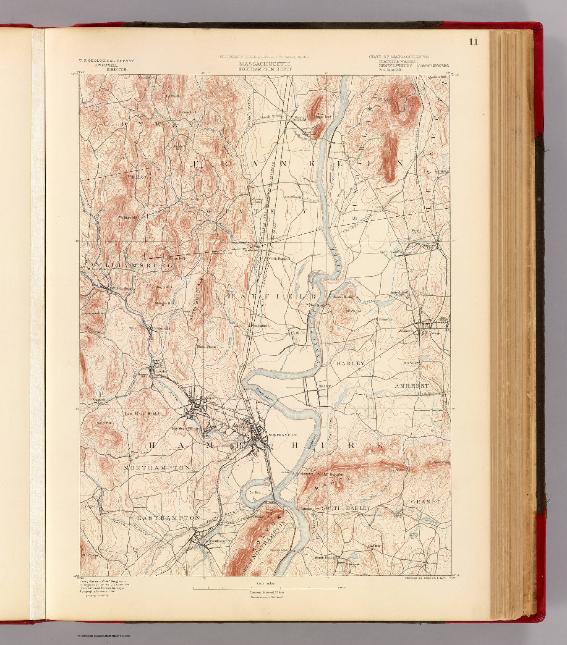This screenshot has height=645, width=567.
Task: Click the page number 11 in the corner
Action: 473,42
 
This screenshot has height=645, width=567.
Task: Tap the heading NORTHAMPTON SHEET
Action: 265,69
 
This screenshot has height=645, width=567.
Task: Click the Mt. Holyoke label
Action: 333,474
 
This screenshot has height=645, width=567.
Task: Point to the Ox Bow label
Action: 255,493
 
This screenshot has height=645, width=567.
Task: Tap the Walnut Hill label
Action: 128,218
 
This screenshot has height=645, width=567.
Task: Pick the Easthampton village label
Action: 221,541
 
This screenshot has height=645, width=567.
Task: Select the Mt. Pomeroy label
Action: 92,555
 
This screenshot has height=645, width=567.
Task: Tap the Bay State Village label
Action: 185,429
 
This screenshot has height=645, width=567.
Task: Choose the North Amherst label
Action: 391,252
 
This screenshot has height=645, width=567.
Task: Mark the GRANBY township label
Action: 426,501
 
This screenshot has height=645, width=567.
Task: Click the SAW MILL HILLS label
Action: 141,414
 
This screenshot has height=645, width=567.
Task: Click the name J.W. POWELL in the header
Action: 106,65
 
